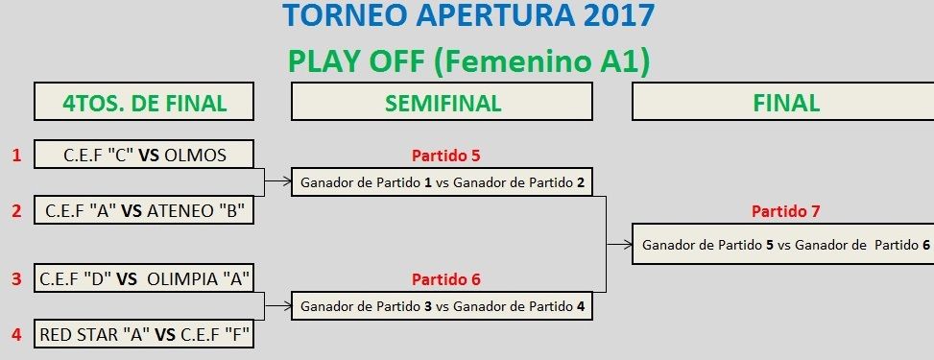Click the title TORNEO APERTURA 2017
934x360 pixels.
pyautogui.click(x=468, y=15)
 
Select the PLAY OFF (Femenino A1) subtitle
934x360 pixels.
pyautogui.click(x=468, y=62)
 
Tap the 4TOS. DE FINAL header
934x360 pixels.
pyautogui.click(x=144, y=102)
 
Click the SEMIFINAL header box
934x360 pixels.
pyautogui.click(x=442, y=102)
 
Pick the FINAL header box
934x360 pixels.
pyautogui.click(x=782, y=102)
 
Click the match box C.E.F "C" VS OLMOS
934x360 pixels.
pyautogui.click(x=144, y=155)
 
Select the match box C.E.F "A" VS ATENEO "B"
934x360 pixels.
pyautogui.click(x=144, y=210)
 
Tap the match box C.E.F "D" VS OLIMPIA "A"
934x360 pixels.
pyautogui.click(x=144, y=278)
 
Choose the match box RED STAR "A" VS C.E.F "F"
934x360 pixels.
pyautogui.click(x=144, y=334)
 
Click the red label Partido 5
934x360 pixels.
pyautogui.click(x=445, y=156)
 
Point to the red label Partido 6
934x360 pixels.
pyautogui.click(x=445, y=279)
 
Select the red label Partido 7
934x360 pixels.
pyautogui.click(x=785, y=211)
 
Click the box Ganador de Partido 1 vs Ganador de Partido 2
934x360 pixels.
pyautogui.click(x=442, y=181)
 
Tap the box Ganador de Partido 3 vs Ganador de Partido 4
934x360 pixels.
pyautogui.click(x=442, y=306)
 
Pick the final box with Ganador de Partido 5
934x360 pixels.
pyautogui.click(x=782, y=244)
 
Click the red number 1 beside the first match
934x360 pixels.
pyautogui.click(x=16, y=156)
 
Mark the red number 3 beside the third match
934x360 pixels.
pyautogui.click(x=16, y=279)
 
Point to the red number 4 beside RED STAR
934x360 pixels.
pyautogui.click(x=16, y=335)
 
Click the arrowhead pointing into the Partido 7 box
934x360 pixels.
pyautogui.click(x=629, y=244)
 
